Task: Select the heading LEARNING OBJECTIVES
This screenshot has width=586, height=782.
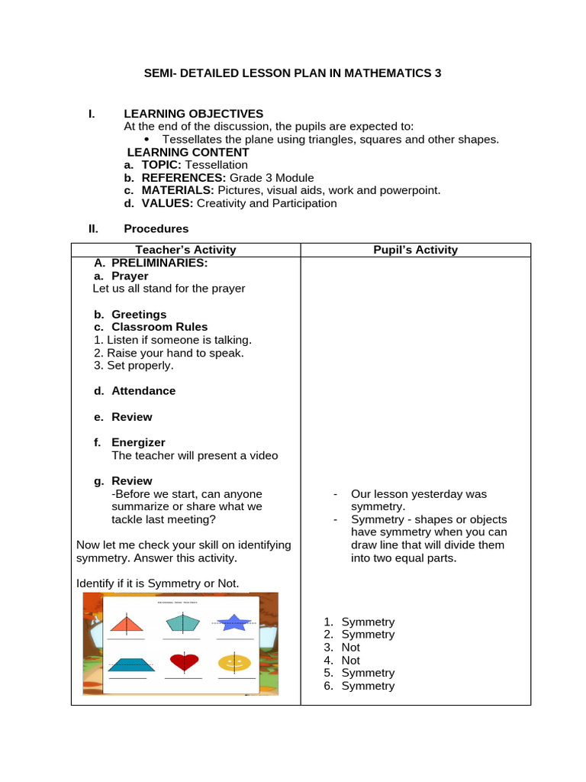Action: (194, 114)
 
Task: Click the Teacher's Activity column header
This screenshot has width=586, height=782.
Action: (185, 250)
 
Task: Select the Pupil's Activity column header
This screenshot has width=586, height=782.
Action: (415, 250)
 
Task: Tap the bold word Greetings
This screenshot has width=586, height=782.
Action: (139, 315)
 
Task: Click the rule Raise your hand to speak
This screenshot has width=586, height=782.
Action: (169, 353)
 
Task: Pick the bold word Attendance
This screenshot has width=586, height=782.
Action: (143, 391)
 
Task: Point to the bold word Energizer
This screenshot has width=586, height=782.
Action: (138, 442)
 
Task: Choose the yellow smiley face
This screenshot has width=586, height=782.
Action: (234, 662)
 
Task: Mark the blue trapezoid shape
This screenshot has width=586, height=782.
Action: (131, 664)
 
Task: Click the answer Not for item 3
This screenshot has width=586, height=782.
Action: (350, 648)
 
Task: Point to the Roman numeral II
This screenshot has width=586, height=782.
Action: (93, 228)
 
